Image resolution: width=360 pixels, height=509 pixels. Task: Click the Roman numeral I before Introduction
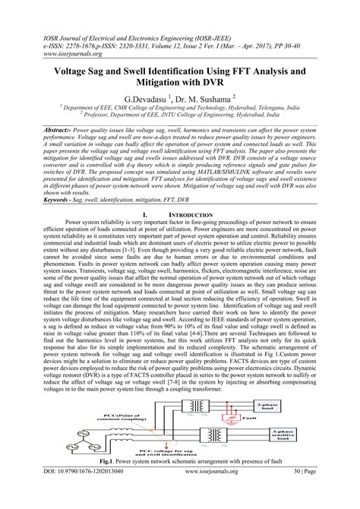click(x=144, y=216)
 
